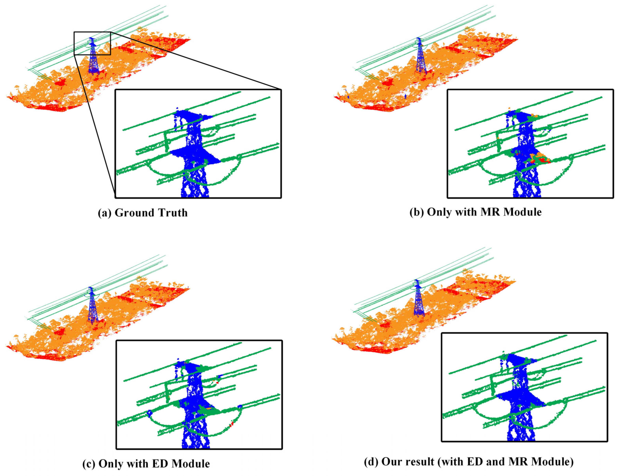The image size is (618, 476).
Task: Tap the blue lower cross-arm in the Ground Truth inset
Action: [x=195, y=156]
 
